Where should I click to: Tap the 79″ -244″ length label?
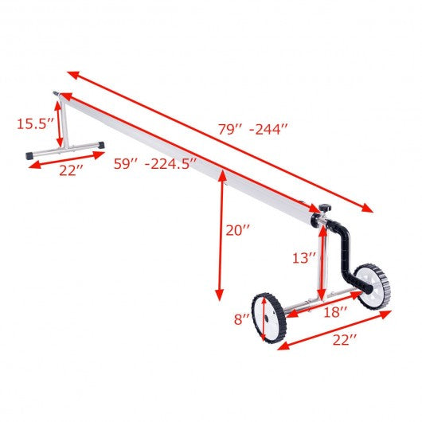point(252,129)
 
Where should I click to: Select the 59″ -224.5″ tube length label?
point(155,164)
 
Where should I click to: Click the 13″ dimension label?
point(304,258)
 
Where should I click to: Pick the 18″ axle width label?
point(335,312)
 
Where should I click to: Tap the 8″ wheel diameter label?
point(242,319)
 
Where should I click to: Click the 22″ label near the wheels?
point(345,340)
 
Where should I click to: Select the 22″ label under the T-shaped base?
point(71,170)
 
